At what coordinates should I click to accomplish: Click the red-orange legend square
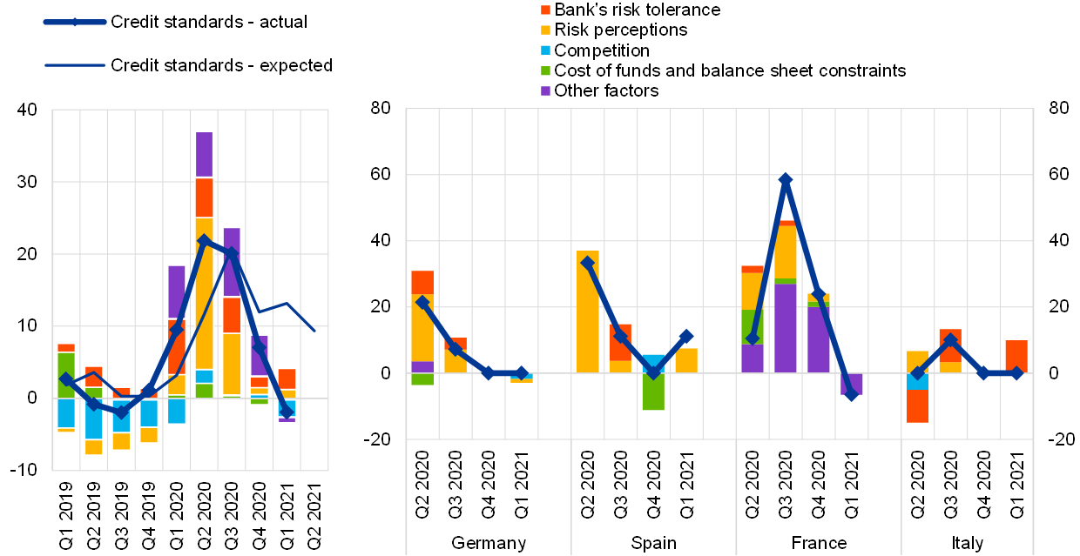(x=545, y=10)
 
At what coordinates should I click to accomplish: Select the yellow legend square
(x=545, y=30)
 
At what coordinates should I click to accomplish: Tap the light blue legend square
(x=545, y=50)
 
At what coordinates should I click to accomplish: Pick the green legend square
(x=545, y=71)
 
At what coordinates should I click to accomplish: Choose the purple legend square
(x=545, y=91)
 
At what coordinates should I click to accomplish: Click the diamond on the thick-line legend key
(x=75, y=22)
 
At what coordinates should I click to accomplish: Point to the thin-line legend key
(x=75, y=65)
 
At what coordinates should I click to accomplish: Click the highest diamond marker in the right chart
(x=785, y=180)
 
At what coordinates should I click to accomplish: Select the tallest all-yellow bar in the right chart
(x=587, y=311)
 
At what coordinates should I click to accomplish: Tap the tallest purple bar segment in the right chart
(x=785, y=328)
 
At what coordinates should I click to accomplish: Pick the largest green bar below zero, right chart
(x=653, y=392)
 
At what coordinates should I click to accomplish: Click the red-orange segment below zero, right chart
(x=917, y=405)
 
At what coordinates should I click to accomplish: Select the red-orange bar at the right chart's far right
(x=1016, y=356)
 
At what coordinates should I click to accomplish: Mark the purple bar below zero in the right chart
(x=851, y=384)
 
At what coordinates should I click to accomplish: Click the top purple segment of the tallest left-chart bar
(x=204, y=154)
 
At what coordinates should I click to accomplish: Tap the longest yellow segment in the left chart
(x=204, y=293)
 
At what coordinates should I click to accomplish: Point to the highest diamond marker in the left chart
(x=204, y=241)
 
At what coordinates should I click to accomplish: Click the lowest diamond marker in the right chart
(x=851, y=393)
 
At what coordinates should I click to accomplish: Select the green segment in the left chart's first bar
(x=66, y=375)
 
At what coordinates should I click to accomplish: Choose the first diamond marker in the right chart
(x=422, y=303)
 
